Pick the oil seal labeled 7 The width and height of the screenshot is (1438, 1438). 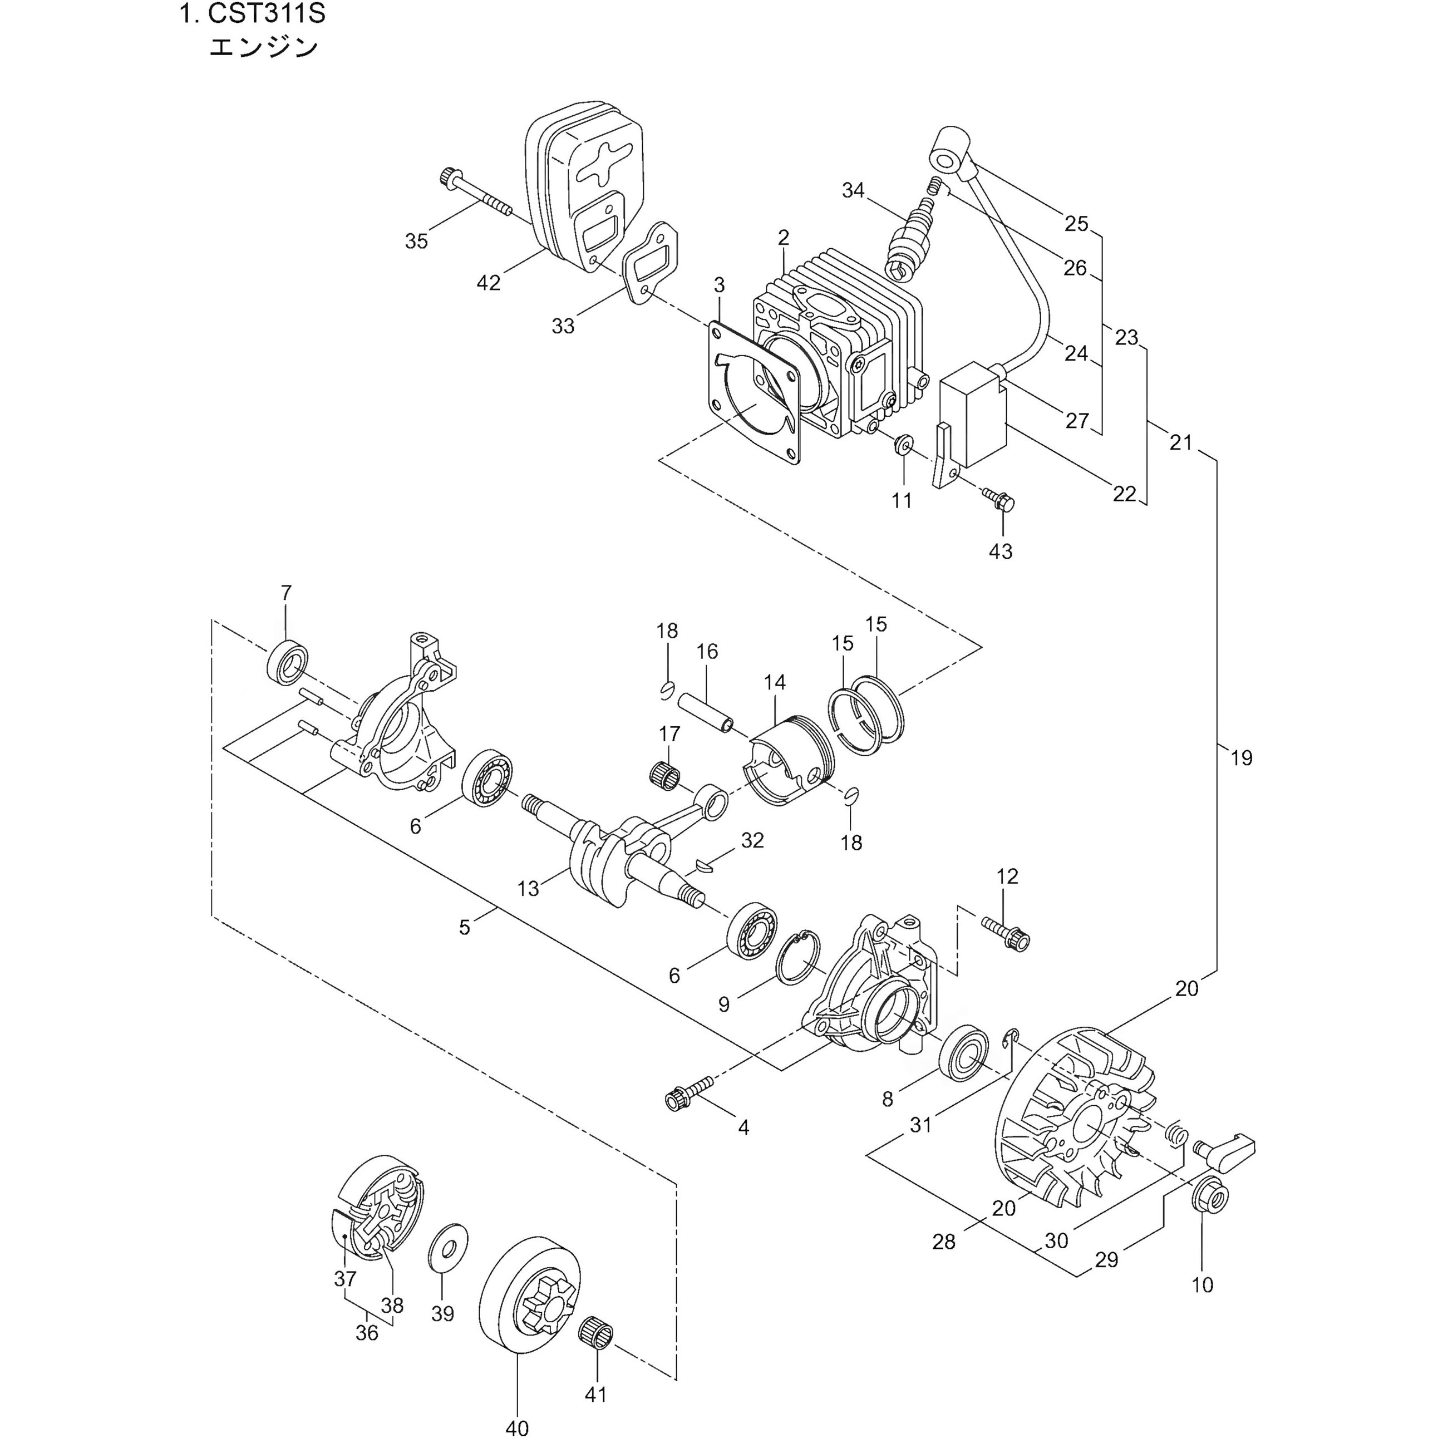287,661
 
